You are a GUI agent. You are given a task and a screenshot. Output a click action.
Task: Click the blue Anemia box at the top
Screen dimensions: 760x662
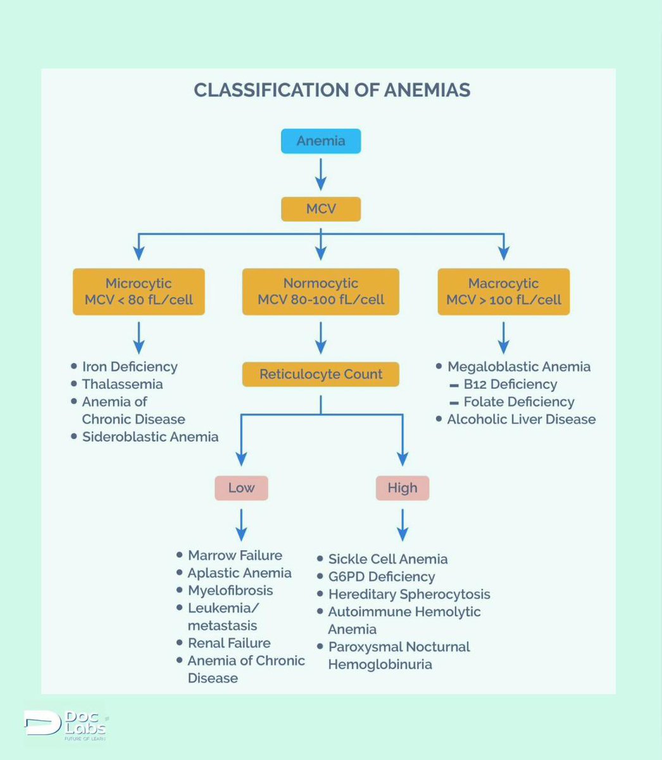tap(321, 141)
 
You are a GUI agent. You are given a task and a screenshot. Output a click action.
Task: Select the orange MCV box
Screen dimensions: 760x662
tap(321, 209)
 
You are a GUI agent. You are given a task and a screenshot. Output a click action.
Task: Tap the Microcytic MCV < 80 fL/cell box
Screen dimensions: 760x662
tap(139, 291)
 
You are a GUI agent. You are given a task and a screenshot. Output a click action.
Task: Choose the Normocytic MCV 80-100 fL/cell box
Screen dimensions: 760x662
tap(321, 291)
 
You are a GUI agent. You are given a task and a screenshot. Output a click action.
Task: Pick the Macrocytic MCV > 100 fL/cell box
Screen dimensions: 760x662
tap(504, 291)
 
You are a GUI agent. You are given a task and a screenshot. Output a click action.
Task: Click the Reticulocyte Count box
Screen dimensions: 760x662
tap(321, 374)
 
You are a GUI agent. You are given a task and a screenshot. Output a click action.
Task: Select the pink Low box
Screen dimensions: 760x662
tap(241, 488)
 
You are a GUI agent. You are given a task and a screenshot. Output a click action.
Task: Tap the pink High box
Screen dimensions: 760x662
tap(403, 488)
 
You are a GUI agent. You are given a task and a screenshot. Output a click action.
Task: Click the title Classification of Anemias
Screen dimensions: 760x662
tap(332, 90)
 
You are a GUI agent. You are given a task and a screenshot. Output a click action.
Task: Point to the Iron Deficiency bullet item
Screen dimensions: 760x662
tap(130, 367)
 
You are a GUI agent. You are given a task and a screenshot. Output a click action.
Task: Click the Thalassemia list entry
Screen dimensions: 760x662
tap(122, 384)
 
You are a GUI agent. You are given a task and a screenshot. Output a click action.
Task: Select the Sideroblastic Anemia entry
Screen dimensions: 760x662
tap(150, 437)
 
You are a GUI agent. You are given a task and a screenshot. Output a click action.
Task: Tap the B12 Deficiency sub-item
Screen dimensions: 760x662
tap(510, 384)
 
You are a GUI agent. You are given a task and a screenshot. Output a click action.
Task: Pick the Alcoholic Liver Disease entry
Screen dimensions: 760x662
tap(521, 419)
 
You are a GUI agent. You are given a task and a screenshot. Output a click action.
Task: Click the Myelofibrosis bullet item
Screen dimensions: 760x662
tap(230, 590)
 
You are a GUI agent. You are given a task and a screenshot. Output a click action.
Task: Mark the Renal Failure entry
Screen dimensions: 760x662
tap(229, 643)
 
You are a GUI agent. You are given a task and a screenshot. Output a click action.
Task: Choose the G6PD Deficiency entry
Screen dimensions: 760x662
tap(381, 577)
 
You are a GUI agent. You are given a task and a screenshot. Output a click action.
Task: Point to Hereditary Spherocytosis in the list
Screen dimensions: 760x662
tap(409, 595)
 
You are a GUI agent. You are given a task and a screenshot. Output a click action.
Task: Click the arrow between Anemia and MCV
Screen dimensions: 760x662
tap(321, 174)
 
